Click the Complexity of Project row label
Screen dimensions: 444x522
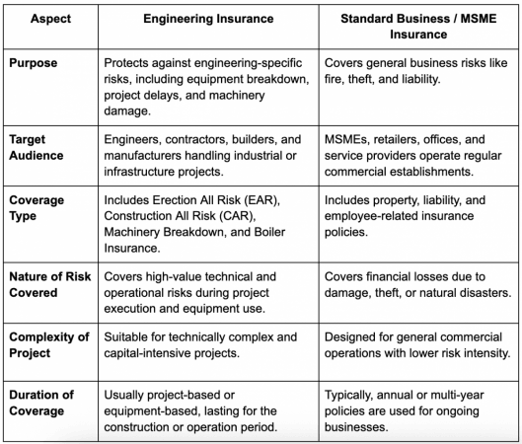coord(49,344)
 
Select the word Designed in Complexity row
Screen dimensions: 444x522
coord(354,336)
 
